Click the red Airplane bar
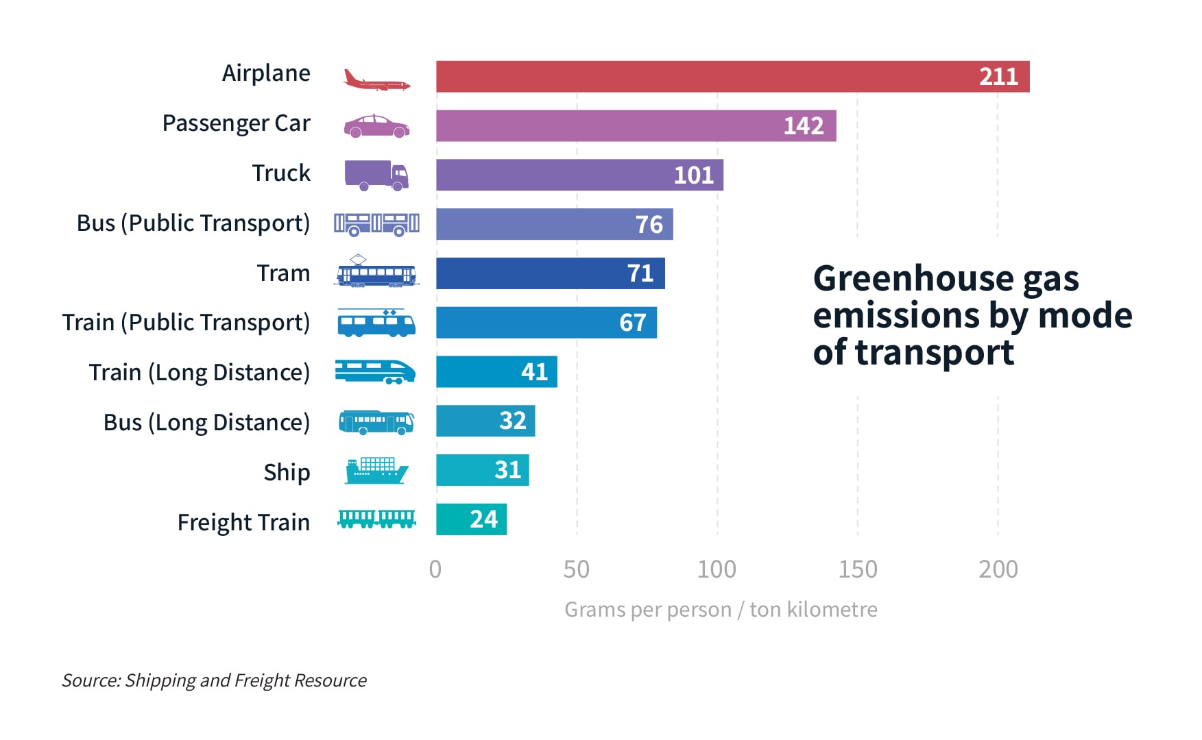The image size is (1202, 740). point(732,76)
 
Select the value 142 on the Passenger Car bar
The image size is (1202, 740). point(803,126)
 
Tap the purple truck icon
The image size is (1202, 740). point(376,175)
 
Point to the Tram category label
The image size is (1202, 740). point(283,273)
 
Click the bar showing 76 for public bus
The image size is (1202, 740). point(554,224)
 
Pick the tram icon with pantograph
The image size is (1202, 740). point(376,272)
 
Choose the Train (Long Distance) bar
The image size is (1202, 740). point(496,371)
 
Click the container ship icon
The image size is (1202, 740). point(376,471)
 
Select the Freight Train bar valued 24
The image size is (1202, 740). point(471,519)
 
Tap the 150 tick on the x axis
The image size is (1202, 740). point(857,569)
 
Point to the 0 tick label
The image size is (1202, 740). point(435,569)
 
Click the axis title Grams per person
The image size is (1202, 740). point(721,609)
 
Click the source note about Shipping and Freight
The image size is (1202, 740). point(214,680)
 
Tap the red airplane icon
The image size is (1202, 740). point(376,80)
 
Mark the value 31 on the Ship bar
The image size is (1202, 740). point(507,470)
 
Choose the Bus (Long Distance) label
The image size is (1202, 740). point(206,422)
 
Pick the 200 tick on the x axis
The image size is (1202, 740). point(998,569)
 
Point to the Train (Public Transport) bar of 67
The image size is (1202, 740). point(546,322)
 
